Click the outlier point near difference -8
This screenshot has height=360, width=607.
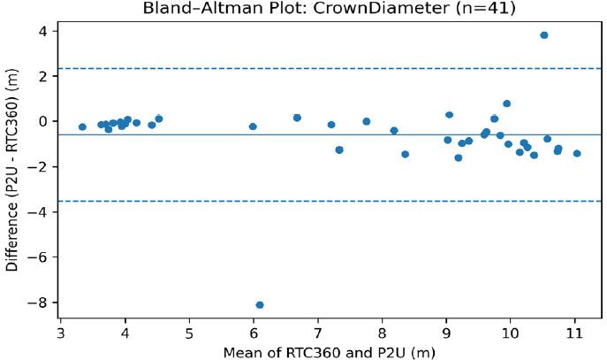259,305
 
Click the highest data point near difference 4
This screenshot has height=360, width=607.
543,35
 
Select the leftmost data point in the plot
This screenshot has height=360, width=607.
82,127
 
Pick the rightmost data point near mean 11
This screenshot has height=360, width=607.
577,153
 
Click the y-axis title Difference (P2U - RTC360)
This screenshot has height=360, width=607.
12,177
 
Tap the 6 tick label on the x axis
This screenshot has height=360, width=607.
254,334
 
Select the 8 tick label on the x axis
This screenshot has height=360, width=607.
382,334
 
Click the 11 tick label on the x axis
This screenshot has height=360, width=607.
574,334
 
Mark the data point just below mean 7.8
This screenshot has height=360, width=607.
366,121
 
